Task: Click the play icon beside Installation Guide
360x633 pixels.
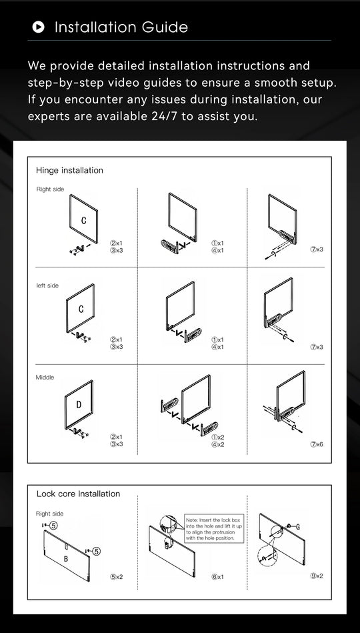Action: pyautogui.click(x=39, y=27)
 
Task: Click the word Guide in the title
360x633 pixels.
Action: pyautogui.click(x=164, y=27)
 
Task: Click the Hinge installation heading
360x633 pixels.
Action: pyautogui.click(x=69, y=170)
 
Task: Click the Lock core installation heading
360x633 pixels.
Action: pyautogui.click(x=78, y=494)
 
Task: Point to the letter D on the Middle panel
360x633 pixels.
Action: pyautogui.click(x=79, y=405)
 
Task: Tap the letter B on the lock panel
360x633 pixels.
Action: pyautogui.click(x=65, y=558)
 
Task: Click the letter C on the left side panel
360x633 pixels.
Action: pyautogui.click(x=81, y=309)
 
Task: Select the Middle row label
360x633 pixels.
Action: pyautogui.click(x=45, y=378)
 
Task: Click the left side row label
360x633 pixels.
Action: pyautogui.click(x=47, y=285)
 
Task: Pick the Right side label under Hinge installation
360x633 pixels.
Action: pyautogui.click(x=50, y=189)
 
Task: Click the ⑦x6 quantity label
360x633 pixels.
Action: pyautogui.click(x=317, y=444)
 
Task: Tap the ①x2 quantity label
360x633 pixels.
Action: pyautogui.click(x=217, y=437)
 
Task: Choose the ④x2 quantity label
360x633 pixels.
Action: pyautogui.click(x=217, y=444)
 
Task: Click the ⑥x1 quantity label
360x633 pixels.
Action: pyautogui.click(x=217, y=576)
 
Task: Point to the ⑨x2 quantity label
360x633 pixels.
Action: pyautogui.click(x=317, y=576)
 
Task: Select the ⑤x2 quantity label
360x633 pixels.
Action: pyautogui.click(x=117, y=576)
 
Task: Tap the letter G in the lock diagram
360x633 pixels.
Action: pyautogui.click(x=297, y=526)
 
